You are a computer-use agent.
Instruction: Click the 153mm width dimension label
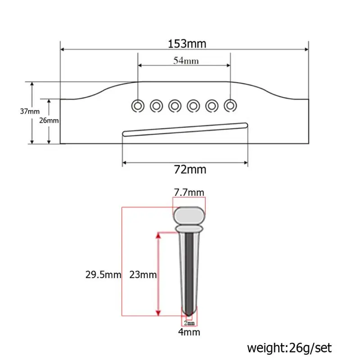click(187, 44)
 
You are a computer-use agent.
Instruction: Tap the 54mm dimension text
click(186, 61)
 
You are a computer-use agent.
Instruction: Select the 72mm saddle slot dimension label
click(190, 170)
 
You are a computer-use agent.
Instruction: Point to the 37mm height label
click(30, 111)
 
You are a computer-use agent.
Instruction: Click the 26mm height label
click(49, 120)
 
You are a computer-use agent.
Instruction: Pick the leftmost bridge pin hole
click(138, 106)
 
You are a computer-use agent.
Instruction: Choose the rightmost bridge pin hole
click(230, 106)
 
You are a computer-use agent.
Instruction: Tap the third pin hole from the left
click(175, 106)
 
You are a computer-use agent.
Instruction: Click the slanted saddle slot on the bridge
click(185, 130)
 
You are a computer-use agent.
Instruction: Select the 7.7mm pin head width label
click(189, 193)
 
